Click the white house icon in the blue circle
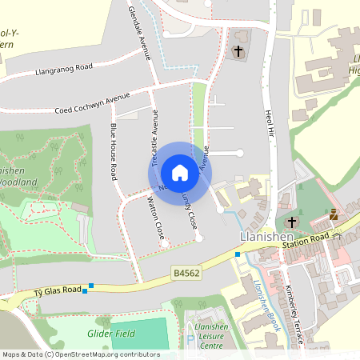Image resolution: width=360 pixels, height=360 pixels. pyautogui.click(x=179, y=172)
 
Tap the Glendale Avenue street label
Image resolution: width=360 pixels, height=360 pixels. pyautogui.click(x=139, y=33)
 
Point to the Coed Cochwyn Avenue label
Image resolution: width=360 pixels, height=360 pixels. pyautogui.click(x=92, y=103)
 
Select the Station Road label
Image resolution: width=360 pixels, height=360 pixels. pyautogui.click(x=308, y=238)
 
